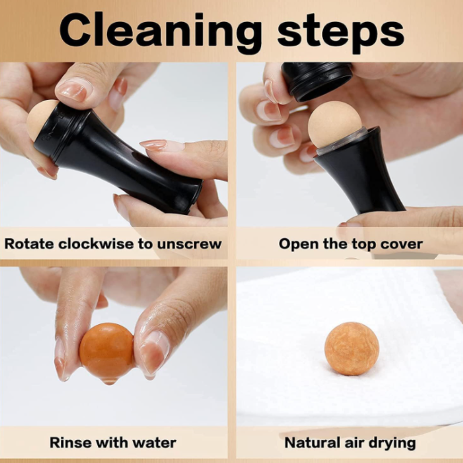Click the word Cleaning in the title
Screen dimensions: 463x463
[160, 32]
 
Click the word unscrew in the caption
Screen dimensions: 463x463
[189, 244]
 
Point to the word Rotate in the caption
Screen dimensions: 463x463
[29, 244]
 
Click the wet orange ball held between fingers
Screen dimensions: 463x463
[107, 350]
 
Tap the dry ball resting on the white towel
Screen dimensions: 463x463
[351, 348]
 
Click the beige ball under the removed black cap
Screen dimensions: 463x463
[335, 124]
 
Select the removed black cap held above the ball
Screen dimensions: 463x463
[316, 80]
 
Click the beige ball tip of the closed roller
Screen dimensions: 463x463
[40, 119]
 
